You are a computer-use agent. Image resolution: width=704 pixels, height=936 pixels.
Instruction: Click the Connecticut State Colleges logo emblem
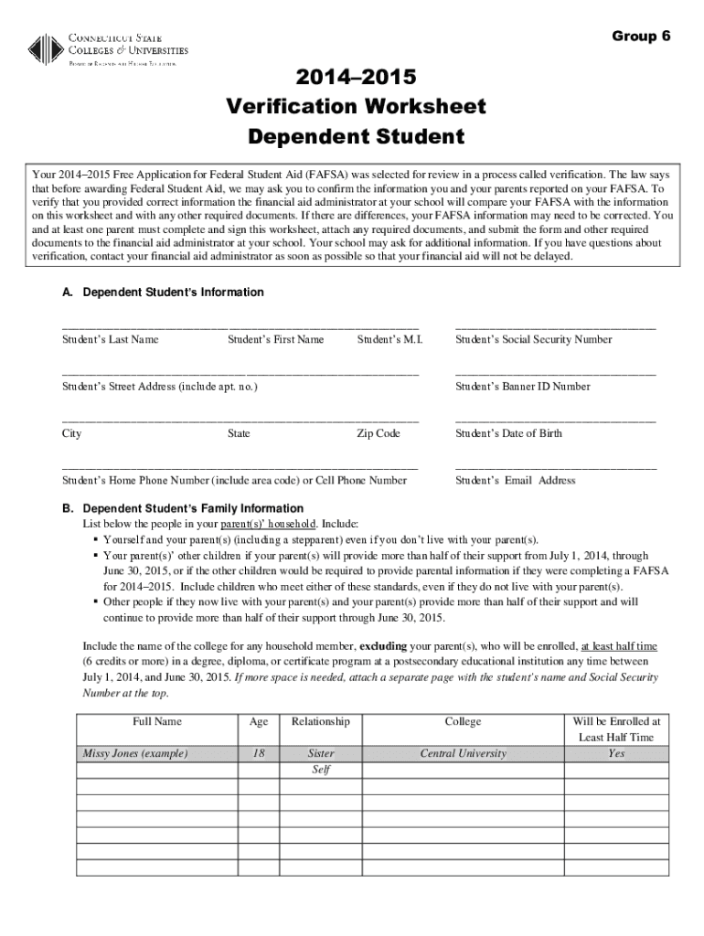(46, 48)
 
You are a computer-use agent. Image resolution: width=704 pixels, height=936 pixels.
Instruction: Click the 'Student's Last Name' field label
(110, 340)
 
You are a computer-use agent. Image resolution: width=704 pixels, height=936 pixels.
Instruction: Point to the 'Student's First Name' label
(275, 340)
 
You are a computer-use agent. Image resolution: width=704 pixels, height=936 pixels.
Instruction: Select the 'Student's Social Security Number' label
(534, 340)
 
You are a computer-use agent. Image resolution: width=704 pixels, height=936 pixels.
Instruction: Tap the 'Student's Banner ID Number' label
(522, 387)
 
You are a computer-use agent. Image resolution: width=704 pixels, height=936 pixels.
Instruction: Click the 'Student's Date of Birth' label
(508, 433)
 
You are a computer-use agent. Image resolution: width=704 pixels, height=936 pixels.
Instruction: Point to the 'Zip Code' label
(378, 433)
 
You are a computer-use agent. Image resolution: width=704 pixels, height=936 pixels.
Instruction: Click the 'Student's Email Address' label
(515, 480)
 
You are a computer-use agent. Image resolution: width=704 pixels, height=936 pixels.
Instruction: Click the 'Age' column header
(259, 721)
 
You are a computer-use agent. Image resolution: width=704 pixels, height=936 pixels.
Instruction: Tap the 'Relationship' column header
(320, 721)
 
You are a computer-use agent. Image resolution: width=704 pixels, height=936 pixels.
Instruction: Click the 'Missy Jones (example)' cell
(135, 753)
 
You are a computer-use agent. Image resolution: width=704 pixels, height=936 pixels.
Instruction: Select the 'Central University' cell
(463, 753)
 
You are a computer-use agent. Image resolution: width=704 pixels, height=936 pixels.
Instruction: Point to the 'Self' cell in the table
(320, 770)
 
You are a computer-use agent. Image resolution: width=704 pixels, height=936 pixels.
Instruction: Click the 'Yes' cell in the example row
(616, 753)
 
